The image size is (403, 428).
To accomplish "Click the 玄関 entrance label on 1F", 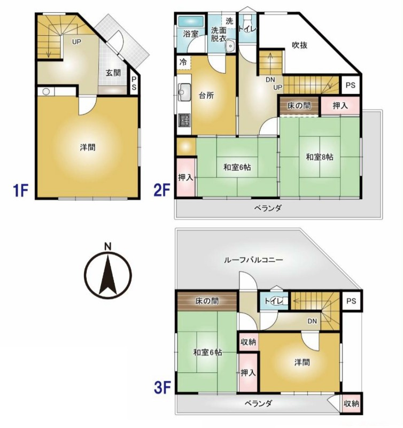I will (x=112, y=73).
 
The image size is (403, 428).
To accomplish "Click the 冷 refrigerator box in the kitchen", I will (x=183, y=62).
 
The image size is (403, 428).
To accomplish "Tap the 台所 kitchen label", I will (x=207, y=96).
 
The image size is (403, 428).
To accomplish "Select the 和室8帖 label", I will (x=320, y=157).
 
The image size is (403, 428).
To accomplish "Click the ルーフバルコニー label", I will (x=253, y=260).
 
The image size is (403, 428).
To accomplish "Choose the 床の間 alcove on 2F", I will (x=298, y=105).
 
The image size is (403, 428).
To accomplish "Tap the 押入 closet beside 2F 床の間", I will (x=340, y=106).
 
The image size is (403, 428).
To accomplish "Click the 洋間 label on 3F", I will (x=301, y=362).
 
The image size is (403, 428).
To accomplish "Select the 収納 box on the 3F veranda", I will (x=351, y=403).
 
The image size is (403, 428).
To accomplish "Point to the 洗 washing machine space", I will (x=229, y=21).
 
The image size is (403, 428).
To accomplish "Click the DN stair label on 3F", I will (x=313, y=321).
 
